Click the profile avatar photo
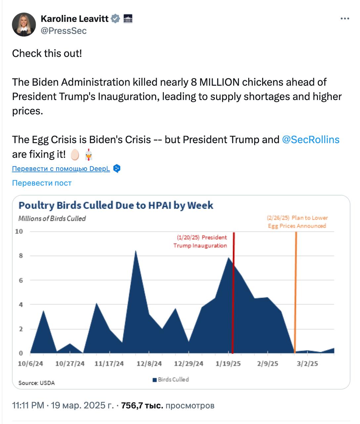pyautogui.click(x=24, y=25)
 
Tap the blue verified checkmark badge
pyautogui.click(x=115, y=19)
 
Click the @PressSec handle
pyautogui.click(x=64, y=31)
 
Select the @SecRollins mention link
pyautogui.click(x=310, y=139)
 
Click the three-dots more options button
pyautogui.click(x=345, y=19)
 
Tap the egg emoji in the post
pyautogui.click(x=75, y=154)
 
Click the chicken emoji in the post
pyautogui.click(x=88, y=154)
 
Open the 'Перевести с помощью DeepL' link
pyautogui.click(x=61, y=169)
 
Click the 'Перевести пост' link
pyautogui.click(x=42, y=183)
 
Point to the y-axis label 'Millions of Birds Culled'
pyautogui.click(x=52, y=219)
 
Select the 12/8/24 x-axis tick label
pyautogui.click(x=149, y=364)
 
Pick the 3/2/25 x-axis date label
pyautogui.click(x=307, y=364)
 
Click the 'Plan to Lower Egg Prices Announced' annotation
pyautogui.click(x=297, y=222)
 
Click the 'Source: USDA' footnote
pyautogui.click(x=36, y=383)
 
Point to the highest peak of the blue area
pyautogui.click(x=136, y=252)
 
